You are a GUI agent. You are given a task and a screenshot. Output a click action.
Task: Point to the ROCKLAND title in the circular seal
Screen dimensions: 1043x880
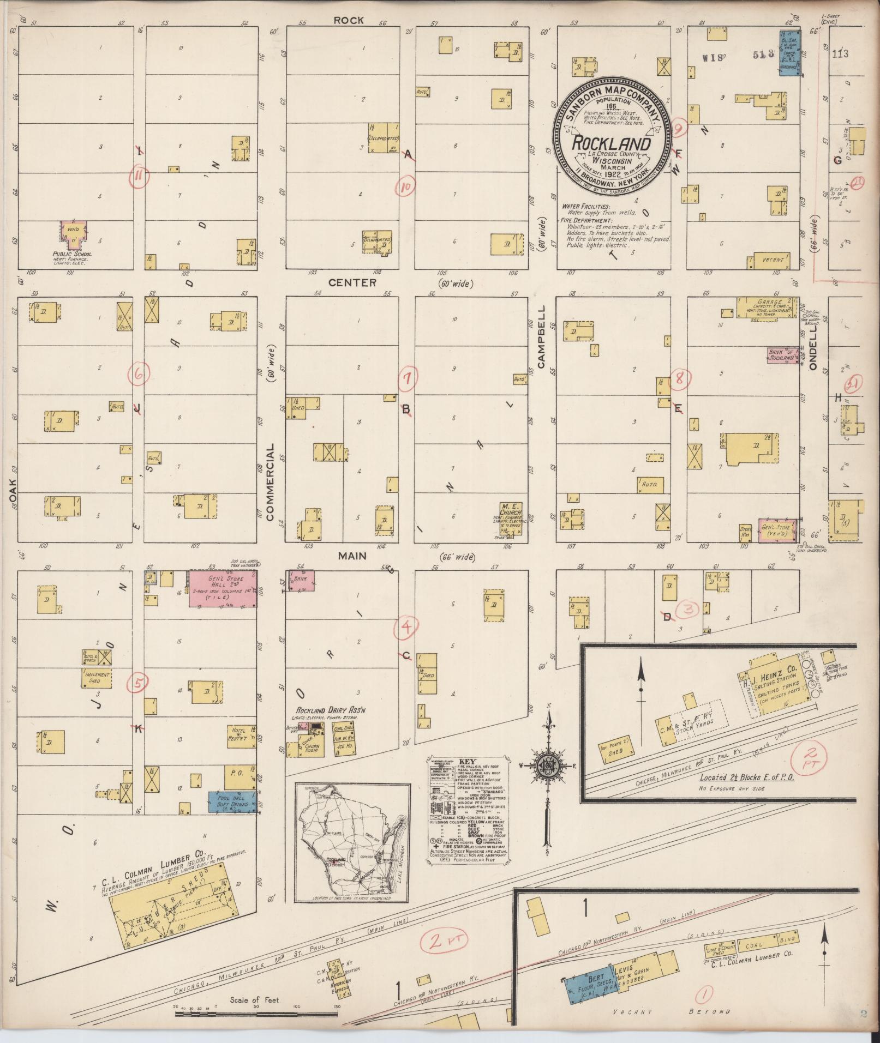(x=611, y=144)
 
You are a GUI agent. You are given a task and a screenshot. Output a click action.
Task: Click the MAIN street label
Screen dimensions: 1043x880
(x=352, y=556)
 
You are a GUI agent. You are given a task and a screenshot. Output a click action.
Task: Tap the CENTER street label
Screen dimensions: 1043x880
(x=352, y=282)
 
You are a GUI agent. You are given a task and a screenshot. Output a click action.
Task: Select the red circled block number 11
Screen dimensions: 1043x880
(x=140, y=176)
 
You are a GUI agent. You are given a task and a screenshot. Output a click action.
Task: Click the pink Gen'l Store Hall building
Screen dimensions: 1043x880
(x=223, y=588)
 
